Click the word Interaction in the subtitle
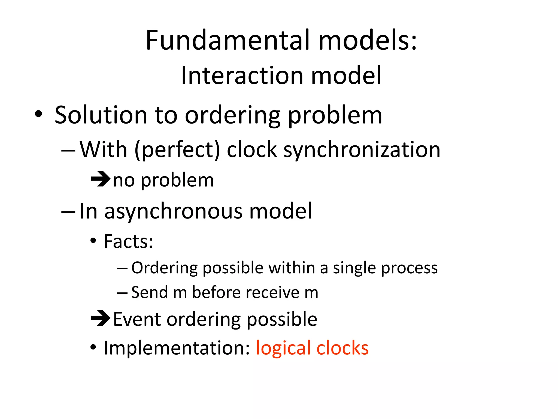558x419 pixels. pos(242,76)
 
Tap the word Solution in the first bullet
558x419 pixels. pos(101,115)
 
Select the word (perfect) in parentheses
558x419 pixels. pos(177,150)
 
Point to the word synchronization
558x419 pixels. pos(362,150)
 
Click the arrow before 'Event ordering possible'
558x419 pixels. pos(100,318)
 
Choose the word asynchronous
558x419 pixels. pos(173,211)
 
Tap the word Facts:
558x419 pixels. pos(128,242)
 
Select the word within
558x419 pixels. pos(292,268)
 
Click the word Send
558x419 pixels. pos(149,292)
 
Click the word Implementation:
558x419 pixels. pos(177,348)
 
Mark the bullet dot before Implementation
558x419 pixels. pos(93,348)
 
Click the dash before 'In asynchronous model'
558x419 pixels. pos(68,212)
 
